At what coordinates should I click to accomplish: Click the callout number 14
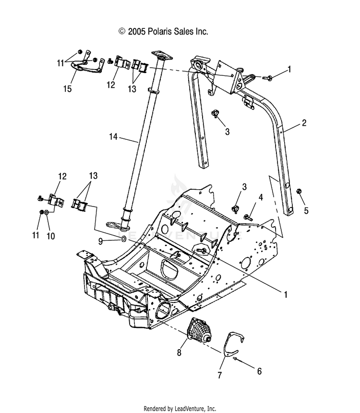point(113,137)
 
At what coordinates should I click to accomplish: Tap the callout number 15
point(67,89)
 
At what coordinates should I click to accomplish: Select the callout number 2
point(304,123)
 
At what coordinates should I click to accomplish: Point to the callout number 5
point(306,210)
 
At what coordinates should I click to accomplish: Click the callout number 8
point(179,352)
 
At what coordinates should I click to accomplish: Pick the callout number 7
point(220,375)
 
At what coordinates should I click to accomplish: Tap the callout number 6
point(259,371)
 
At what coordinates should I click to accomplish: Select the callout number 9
point(100,241)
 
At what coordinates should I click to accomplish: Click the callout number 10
point(50,236)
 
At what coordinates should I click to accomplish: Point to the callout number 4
point(261,197)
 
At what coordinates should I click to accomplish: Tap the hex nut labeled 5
point(299,191)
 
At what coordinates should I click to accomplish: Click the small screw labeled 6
point(235,359)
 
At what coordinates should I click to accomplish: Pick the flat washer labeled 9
point(123,239)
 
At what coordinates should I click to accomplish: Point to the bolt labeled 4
point(248,218)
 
